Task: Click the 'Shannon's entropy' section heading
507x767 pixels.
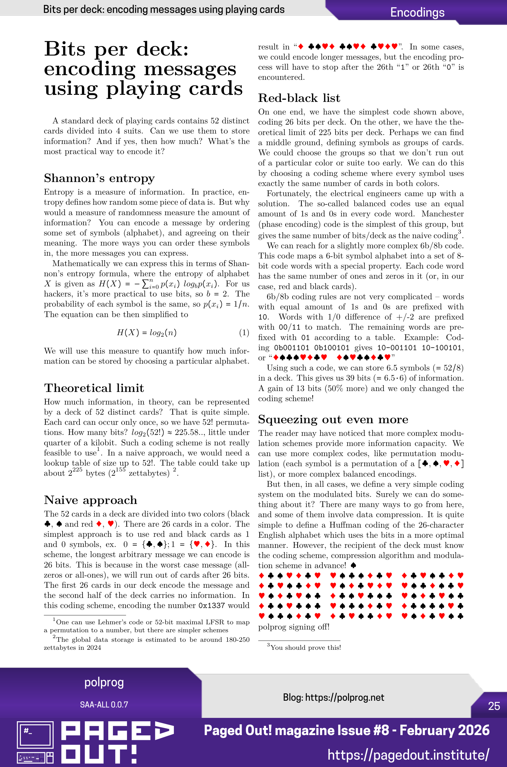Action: pyautogui.click(x=99, y=178)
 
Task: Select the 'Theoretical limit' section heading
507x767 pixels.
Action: pyautogui.click(x=94, y=388)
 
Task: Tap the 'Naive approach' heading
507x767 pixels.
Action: pyautogui.click(x=90, y=500)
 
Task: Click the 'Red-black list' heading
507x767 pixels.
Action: pyautogui.click(x=299, y=98)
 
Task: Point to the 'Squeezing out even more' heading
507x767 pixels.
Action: pyautogui.click(x=333, y=420)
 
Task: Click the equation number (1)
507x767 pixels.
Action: pyautogui.click(x=244, y=332)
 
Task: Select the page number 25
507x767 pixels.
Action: pyautogui.click(x=494, y=706)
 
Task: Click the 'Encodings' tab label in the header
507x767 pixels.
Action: pyautogui.click(x=417, y=12)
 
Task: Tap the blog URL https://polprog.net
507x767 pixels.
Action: pyautogui.click(x=344, y=697)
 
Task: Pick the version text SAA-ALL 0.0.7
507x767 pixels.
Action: pyautogui.click(x=104, y=705)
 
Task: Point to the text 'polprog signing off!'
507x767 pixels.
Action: pyautogui.click(x=294, y=627)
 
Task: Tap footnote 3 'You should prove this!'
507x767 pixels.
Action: pyautogui.click(x=305, y=647)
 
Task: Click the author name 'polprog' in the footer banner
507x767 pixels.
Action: pyautogui.click(x=104, y=682)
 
